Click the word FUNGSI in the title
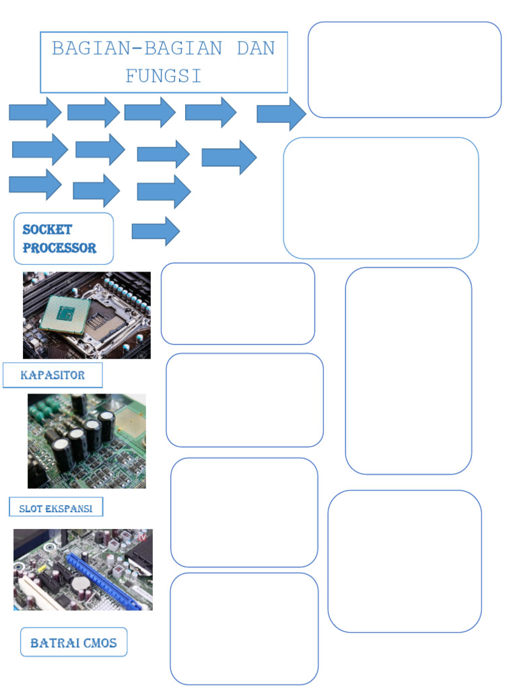click(x=163, y=75)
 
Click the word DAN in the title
click(x=256, y=48)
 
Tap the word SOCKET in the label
click(x=47, y=230)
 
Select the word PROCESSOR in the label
click(x=59, y=248)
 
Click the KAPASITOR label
click(x=53, y=375)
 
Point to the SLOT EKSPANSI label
click(x=56, y=507)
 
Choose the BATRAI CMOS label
click(x=74, y=642)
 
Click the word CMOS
click(x=100, y=643)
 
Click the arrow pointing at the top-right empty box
click(x=281, y=114)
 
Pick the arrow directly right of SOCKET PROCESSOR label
click(x=156, y=231)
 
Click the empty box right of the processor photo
click(x=238, y=304)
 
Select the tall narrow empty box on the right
click(x=409, y=371)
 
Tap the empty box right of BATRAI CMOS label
click(x=244, y=629)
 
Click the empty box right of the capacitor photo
click(x=244, y=400)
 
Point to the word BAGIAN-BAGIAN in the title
click(x=137, y=48)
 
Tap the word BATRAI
click(x=55, y=643)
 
